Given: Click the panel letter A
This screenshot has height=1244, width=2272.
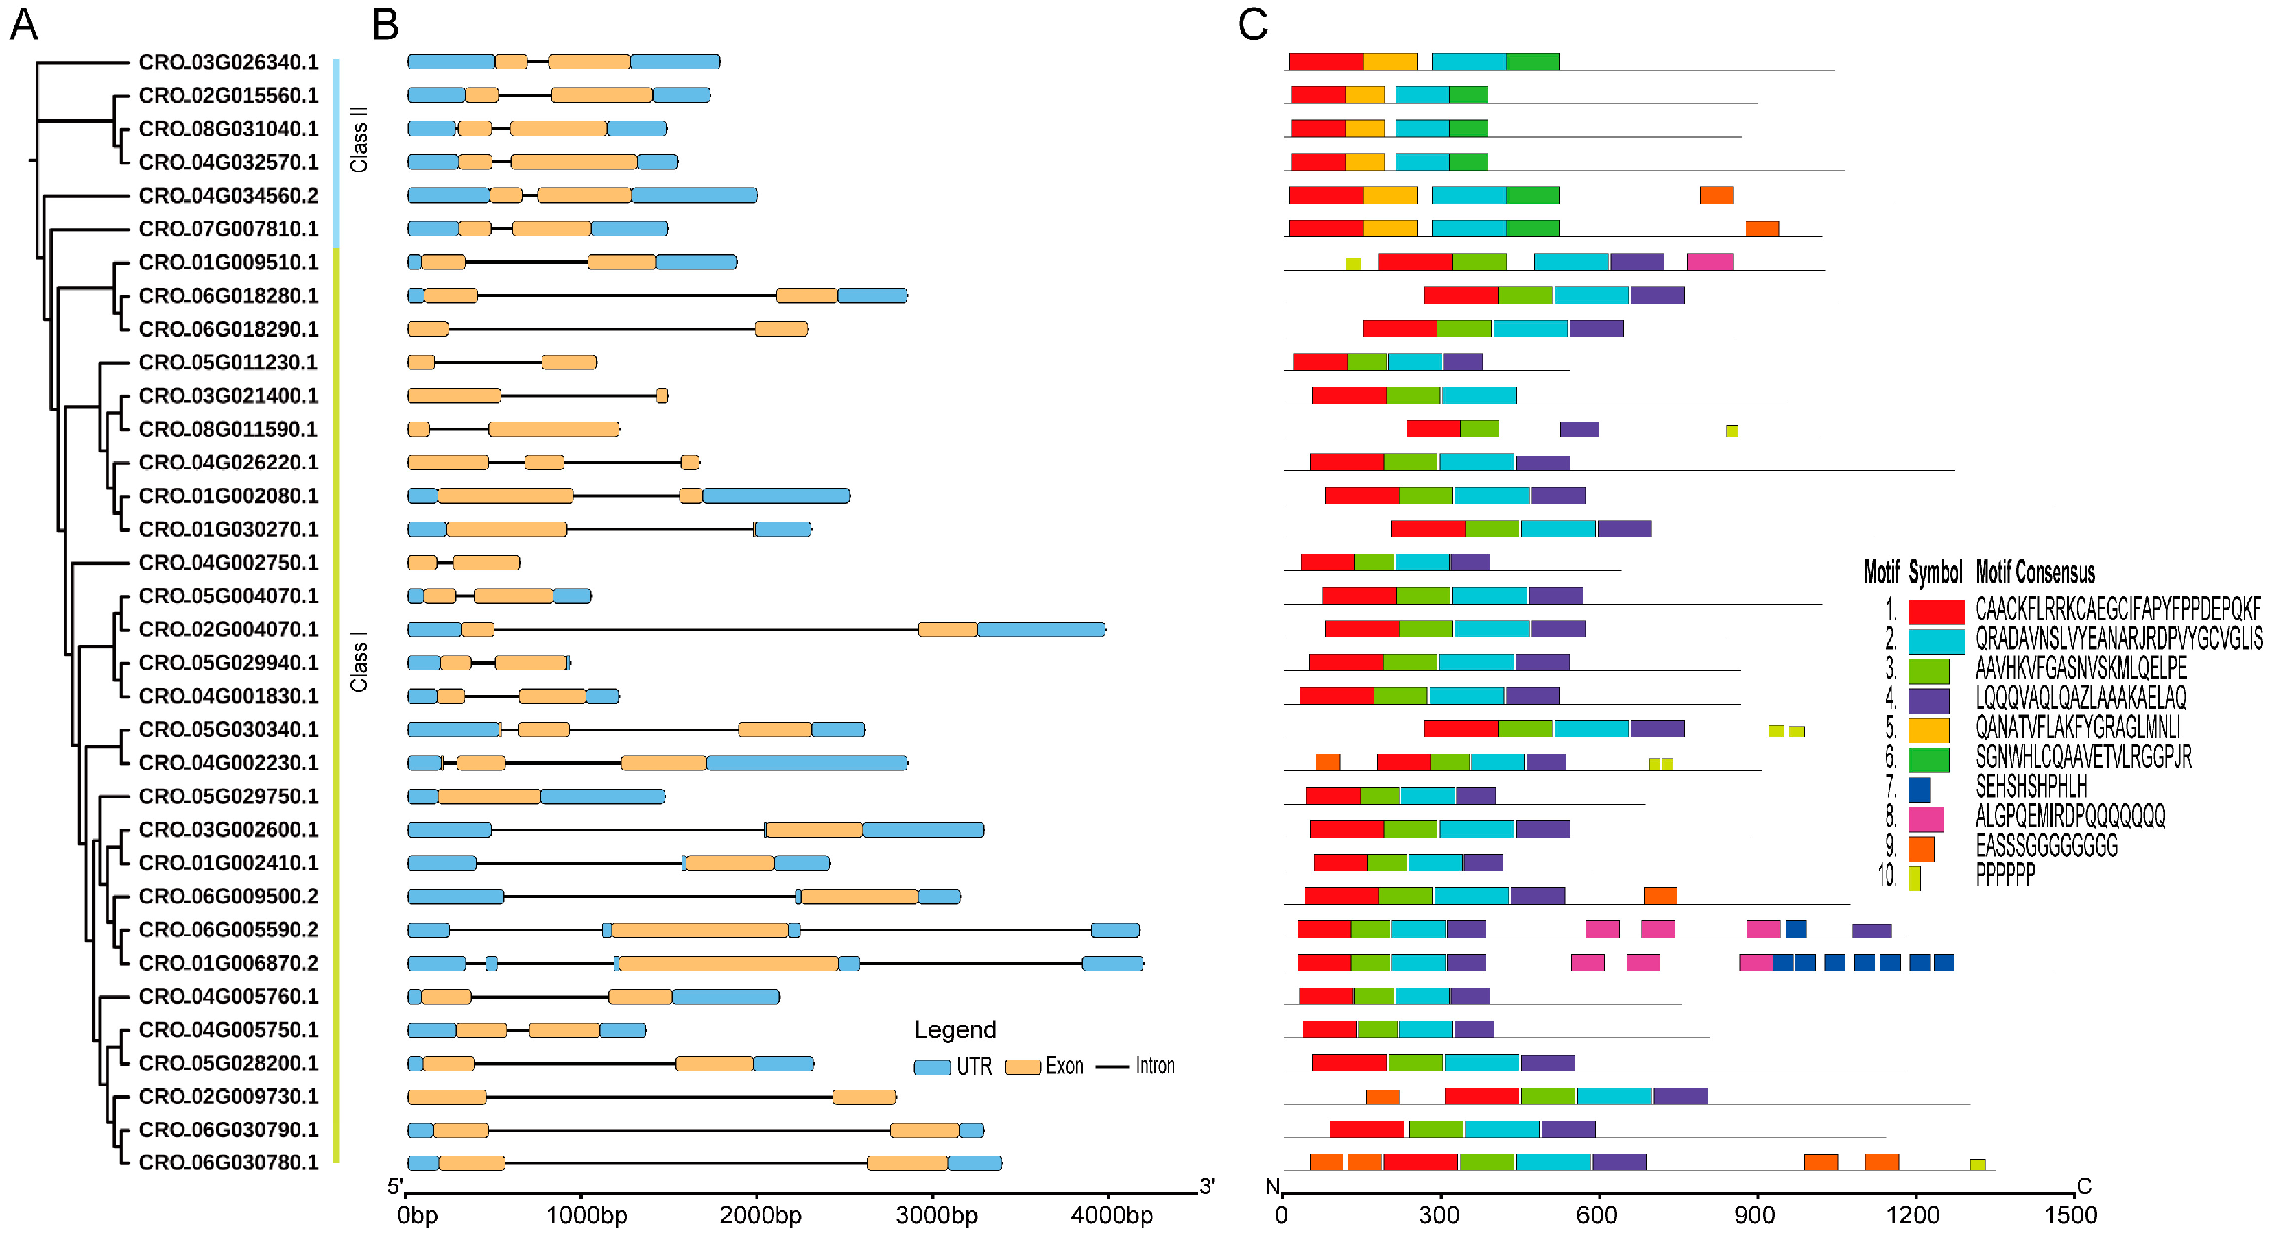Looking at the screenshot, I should tap(24, 25).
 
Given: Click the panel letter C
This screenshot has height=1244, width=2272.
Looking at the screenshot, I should tap(1252, 25).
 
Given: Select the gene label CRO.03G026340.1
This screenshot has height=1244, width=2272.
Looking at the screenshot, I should tap(228, 62).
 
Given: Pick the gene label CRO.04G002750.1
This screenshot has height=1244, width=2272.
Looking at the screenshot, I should tap(228, 563).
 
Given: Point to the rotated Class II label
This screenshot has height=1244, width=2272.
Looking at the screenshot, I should tap(359, 139).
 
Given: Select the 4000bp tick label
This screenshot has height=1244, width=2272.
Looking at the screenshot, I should tap(1110, 1216).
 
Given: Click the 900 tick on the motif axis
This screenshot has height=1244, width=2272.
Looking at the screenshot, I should tap(1754, 1216).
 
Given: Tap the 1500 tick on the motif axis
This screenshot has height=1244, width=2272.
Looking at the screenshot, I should tap(2069, 1216).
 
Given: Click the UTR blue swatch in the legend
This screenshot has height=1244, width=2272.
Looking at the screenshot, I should tap(931, 1066).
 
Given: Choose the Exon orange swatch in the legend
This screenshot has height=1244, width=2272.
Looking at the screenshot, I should tap(1023, 1066).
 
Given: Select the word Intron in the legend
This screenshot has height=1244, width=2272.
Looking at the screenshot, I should tap(1155, 1066).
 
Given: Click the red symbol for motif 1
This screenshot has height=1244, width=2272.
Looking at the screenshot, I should tap(1936, 611).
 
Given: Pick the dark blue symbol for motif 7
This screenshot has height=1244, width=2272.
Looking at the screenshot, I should tap(1920, 789).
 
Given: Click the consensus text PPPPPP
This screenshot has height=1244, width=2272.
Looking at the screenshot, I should tap(2005, 875).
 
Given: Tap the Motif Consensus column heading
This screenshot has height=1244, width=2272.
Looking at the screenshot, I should tap(2035, 573).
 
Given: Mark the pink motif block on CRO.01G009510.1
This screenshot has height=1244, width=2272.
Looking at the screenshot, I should tap(1709, 262).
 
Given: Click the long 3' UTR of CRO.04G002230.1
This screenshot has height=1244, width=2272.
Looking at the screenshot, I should tap(806, 763).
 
